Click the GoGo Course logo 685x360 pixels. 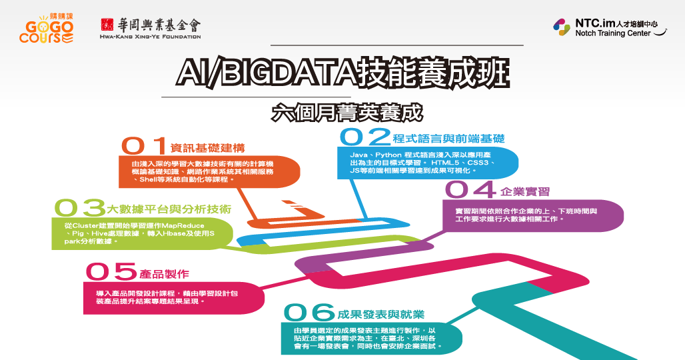(46, 29)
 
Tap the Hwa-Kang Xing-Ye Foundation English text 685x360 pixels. (151, 37)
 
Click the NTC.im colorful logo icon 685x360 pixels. (561, 27)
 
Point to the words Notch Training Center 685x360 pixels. (612, 33)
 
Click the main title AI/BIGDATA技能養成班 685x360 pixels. (343, 73)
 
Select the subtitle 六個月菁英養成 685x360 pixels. (347, 112)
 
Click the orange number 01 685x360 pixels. (144, 146)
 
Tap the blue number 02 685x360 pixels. (364, 136)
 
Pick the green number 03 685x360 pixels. (79, 208)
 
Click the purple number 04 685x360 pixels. (470, 189)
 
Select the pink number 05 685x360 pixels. (111, 271)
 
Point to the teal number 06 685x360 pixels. (309, 313)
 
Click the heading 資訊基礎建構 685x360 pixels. (207, 148)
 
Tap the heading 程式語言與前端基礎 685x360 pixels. (448, 139)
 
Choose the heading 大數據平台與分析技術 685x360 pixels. (169, 209)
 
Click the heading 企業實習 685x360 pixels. (524, 191)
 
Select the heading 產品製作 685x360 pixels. (165, 274)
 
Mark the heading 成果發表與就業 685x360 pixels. (381, 315)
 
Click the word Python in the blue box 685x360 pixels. (388, 155)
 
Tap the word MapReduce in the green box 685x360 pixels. (183, 226)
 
